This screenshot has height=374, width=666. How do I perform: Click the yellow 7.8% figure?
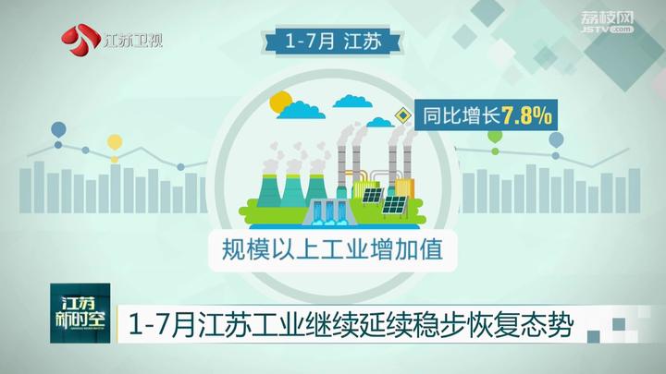(x=527, y=115)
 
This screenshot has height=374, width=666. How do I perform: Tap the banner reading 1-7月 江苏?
(x=334, y=42)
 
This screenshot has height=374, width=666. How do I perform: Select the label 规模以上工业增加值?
(x=333, y=249)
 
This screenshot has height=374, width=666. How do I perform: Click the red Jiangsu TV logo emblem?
(x=80, y=41)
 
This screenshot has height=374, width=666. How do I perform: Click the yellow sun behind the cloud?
(x=280, y=103)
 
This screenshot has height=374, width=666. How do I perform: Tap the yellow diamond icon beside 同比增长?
(x=402, y=115)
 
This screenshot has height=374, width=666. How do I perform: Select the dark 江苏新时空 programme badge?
(x=80, y=313)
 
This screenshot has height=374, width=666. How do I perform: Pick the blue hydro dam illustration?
(x=327, y=211)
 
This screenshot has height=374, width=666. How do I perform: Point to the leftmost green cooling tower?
(x=269, y=190)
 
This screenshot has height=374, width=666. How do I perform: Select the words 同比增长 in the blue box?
(x=462, y=115)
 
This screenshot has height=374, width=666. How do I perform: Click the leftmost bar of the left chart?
(x=25, y=190)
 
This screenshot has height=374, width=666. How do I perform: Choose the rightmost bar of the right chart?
(x=635, y=190)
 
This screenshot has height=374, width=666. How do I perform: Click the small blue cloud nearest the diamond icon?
(x=379, y=122)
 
